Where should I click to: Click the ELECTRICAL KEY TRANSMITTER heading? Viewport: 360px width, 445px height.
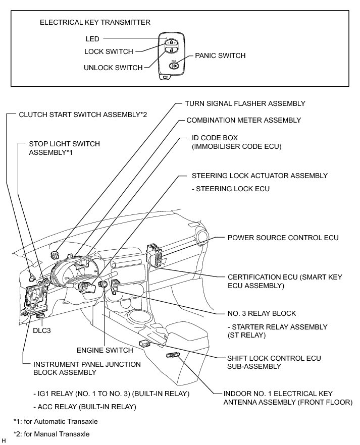[95, 23]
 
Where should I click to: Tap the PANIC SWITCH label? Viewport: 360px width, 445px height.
[220, 55]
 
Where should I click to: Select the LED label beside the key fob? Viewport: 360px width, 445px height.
[92, 38]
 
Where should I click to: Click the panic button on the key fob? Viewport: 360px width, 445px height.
[174, 66]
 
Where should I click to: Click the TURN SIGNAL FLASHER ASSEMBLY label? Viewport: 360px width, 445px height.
[245, 103]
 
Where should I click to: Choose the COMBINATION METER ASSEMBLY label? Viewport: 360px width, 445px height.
[243, 120]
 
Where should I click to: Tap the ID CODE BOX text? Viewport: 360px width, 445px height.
[215, 137]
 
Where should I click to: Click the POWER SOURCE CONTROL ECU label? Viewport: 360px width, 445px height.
[283, 238]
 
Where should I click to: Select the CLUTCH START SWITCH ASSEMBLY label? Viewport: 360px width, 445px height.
[83, 115]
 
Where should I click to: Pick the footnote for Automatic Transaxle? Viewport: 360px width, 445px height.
[56, 421]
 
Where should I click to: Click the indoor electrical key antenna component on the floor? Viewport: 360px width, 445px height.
[172, 356]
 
